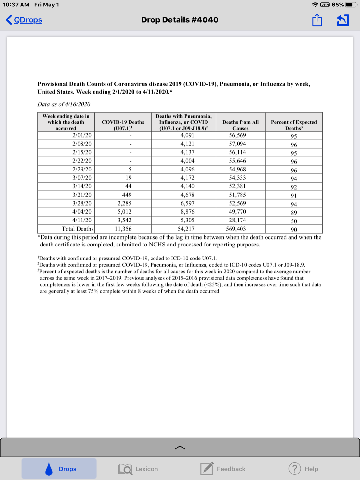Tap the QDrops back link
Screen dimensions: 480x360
click(x=24, y=20)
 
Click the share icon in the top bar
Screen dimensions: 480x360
click(x=317, y=20)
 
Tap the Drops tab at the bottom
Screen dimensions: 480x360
click(x=59, y=469)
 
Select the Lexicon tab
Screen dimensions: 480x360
click(x=138, y=469)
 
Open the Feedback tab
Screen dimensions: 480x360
click(x=223, y=469)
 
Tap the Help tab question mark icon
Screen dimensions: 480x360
click(x=294, y=468)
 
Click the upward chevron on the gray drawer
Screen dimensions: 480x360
click(x=180, y=448)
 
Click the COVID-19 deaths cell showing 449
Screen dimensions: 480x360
click(x=127, y=195)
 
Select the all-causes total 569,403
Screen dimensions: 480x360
click(x=236, y=229)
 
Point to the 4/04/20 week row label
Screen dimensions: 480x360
click(x=82, y=212)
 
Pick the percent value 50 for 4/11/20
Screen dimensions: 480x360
click(x=294, y=221)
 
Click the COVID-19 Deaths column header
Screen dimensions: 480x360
click(x=123, y=125)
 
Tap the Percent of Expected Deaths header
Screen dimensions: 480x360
click(x=294, y=125)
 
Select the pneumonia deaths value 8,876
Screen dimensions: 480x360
click(x=188, y=212)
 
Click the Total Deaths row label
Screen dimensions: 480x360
click(x=78, y=229)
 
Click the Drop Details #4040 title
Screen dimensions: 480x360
click(x=180, y=20)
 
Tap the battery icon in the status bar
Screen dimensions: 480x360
click(x=351, y=5)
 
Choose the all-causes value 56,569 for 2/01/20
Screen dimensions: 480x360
click(x=238, y=135)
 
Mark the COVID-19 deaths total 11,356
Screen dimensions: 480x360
click(x=123, y=229)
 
